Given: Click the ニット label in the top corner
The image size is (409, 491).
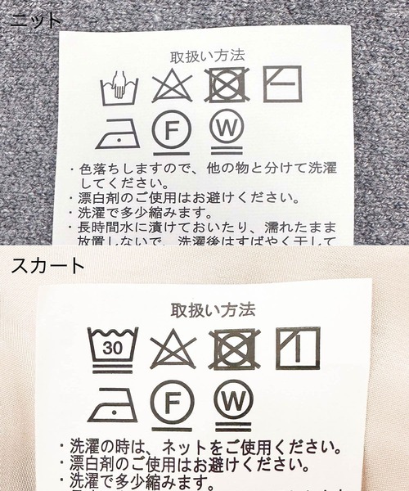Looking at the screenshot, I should pyautogui.click(x=33, y=18).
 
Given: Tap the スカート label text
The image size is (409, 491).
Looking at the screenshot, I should pyautogui.click(x=47, y=266).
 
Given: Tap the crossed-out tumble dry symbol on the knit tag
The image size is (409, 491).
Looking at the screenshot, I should pyautogui.click(x=227, y=85).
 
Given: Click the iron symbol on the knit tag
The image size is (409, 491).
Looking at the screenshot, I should pyautogui.click(x=117, y=135).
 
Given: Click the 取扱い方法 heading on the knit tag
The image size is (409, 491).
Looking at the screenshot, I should pyautogui.click(x=207, y=57).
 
